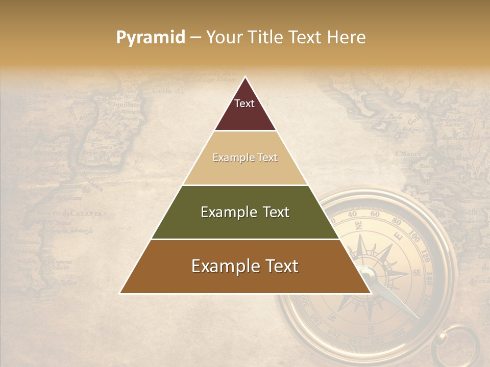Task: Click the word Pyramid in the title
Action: click(x=151, y=38)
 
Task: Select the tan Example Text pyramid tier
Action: click(x=245, y=158)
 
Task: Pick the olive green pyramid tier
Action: click(x=245, y=212)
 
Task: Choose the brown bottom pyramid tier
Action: click(x=245, y=267)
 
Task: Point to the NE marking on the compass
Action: click(x=359, y=225)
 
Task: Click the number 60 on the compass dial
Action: click(x=375, y=214)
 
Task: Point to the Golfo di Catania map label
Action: click(x=71, y=213)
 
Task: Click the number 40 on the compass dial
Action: click(x=352, y=215)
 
